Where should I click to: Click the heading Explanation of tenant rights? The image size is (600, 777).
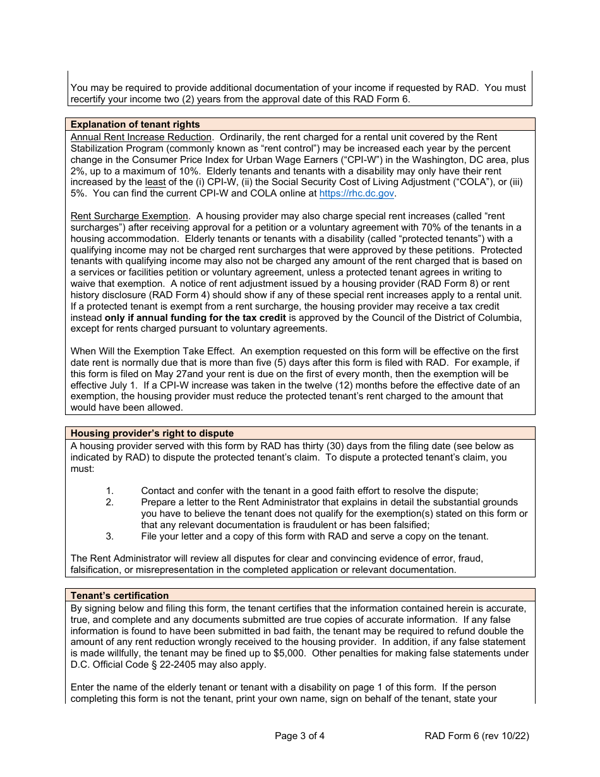click(x=135, y=124)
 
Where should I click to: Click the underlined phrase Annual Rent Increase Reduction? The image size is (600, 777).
click(x=141, y=137)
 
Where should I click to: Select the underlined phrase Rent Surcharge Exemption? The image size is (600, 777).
click(x=129, y=216)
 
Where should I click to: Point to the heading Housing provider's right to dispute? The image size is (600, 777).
click(x=152, y=433)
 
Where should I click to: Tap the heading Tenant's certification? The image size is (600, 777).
click(x=119, y=596)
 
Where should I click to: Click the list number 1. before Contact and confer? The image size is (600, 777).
click(x=109, y=491)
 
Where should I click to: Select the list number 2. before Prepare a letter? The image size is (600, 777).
click(x=109, y=502)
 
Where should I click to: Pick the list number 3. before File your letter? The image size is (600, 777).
click(x=109, y=536)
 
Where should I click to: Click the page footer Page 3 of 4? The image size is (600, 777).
click(x=300, y=735)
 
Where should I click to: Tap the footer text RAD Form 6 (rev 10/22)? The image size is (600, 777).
click(x=477, y=735)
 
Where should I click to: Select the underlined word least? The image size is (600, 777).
click(x=155, y=183)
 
